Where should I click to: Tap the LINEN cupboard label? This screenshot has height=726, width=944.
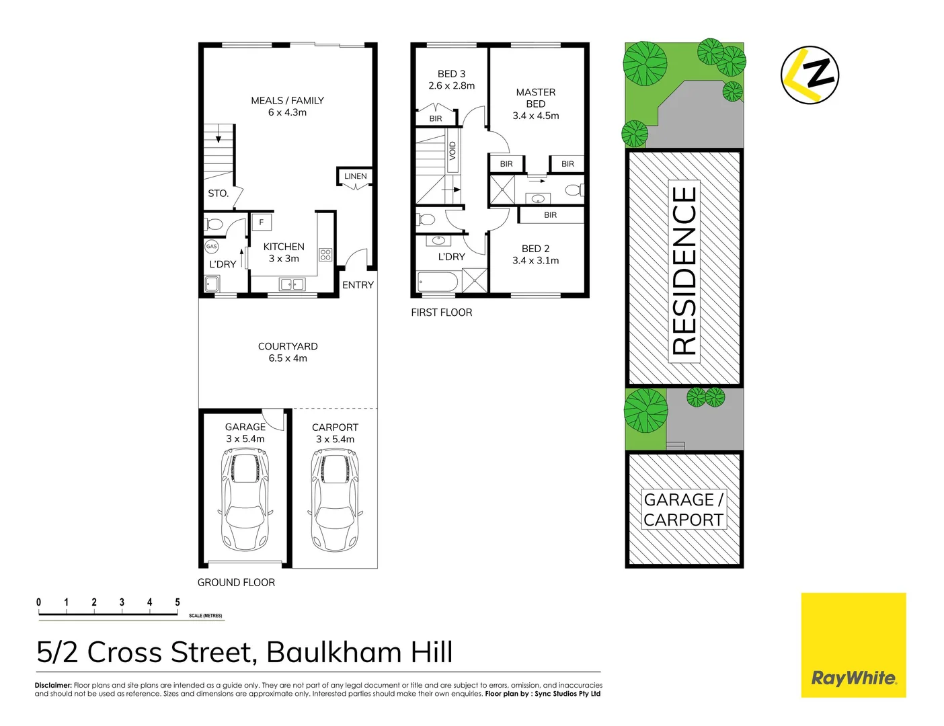tap(355, 176)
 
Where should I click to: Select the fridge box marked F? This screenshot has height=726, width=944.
tap(262, 222)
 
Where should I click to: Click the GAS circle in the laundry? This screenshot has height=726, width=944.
tap(212, 247)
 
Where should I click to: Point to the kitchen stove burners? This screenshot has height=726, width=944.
tap(325, 255)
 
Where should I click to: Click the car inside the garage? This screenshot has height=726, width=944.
tap(245, 499)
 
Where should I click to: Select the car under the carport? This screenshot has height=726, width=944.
tap(335, 499)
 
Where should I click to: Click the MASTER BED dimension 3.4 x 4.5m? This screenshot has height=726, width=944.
tap(535, 116)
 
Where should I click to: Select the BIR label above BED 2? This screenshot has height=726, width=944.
tap(550, 215)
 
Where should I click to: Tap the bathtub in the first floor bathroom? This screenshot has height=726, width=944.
tap(438, 281)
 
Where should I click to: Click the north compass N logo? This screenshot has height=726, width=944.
tap(810, 75)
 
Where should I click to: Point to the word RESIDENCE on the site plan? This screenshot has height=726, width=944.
tap(684, 270)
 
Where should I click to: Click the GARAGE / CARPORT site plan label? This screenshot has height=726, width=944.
tap(684, 510)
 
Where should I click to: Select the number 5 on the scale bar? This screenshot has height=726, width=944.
tap(178, 602)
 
